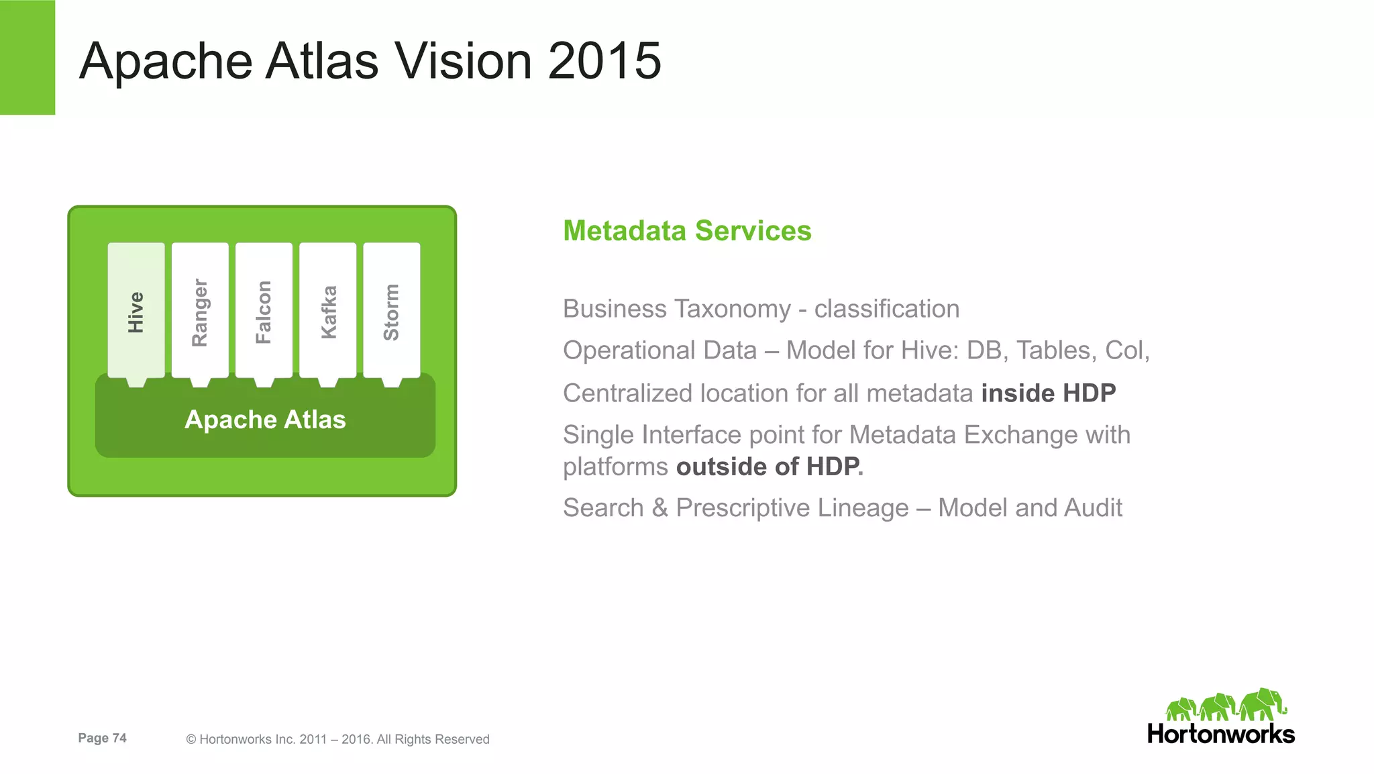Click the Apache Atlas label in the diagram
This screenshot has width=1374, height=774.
[265, 420]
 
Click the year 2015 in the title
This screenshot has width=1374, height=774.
[604, 61]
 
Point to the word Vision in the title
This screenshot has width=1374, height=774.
[462, 61]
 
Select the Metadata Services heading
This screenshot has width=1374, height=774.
[687, 231]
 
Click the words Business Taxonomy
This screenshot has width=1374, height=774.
[676, 309]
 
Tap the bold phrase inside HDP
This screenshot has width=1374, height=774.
[1048, 393]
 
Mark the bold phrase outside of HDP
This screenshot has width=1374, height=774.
[768, 467]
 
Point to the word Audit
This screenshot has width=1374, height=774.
[1093, 508]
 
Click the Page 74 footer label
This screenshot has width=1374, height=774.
[102, 738]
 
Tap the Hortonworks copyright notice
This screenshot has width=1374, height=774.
[337, 739]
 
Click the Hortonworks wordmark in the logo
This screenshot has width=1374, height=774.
[1220, 734]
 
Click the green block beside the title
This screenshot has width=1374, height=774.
[28, 57]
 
